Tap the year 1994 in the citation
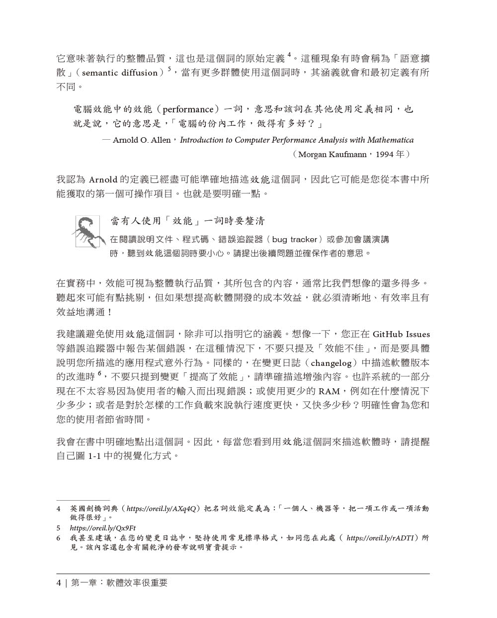tap(384, 155)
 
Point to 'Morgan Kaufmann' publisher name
tap(332, 155)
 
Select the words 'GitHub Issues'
tap(401, 334)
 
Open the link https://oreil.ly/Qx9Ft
tap(103, 528)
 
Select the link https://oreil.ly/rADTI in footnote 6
tap(380, 538)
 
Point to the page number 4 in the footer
tap(59, 583)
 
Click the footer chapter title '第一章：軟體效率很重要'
tap(119, 583)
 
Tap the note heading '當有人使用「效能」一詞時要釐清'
tap(187, 221)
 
